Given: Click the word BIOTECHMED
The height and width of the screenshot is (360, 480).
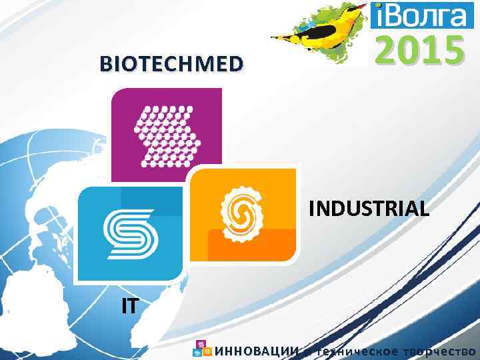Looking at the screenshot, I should [171, 64].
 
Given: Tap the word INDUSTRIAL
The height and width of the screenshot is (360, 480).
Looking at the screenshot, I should [369, 209].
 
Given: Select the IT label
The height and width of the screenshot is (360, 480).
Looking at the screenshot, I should [130, 306].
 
